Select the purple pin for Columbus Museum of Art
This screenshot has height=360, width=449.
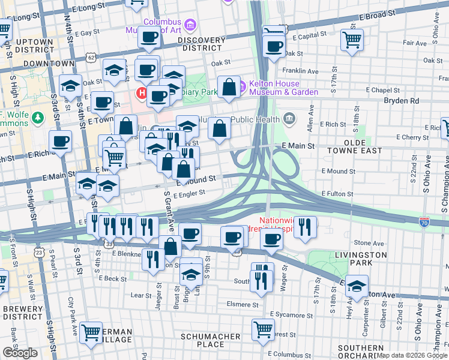[190, 25]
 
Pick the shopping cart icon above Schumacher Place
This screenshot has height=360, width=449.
[263, 328]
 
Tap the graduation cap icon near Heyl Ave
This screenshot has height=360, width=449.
[357, 287]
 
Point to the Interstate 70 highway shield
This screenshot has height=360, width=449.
[424, 221]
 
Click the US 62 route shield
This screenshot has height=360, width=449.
[91, 57]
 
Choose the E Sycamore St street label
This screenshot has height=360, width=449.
[289, 314]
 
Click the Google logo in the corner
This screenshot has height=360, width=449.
[20, 352]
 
